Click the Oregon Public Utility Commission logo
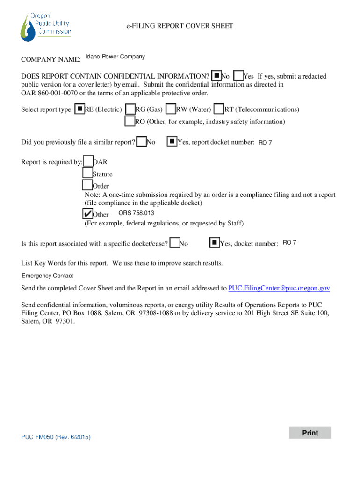46,27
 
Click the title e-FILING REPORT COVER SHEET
180,26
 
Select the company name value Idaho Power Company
115,57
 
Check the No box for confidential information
216,76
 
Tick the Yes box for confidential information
238,76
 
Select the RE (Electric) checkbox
80,109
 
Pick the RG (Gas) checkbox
130,109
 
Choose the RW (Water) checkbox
171,109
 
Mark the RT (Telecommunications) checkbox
219,109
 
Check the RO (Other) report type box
130,121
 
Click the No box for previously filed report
141,141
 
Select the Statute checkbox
87,174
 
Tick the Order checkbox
87,186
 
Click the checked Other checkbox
87,214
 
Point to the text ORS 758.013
130,213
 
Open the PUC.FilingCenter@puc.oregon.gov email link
279,288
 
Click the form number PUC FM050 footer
56,437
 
